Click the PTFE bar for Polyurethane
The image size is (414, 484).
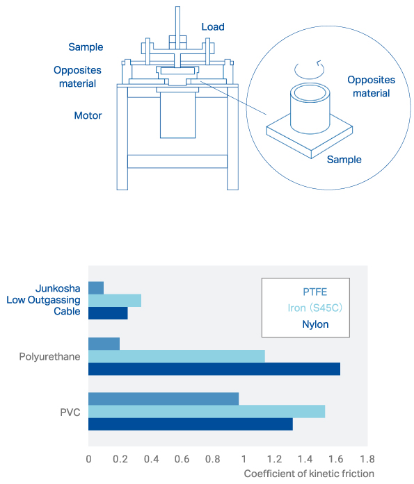104,344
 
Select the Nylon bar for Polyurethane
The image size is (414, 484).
214,369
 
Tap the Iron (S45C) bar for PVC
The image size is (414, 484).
207,412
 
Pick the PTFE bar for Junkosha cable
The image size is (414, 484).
96,288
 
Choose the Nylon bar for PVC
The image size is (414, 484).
191,424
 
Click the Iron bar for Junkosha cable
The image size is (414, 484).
115,301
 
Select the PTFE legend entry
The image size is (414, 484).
315,292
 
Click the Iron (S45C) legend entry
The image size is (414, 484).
315,308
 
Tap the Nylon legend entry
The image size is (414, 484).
315,324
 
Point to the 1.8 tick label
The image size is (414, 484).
367,459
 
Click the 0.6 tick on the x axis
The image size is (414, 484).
182,459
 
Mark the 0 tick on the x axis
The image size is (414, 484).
89,459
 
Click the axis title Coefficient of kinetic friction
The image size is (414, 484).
309,474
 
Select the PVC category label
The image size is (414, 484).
70,412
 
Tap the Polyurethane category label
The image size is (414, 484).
50,356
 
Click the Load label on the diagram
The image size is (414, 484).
213,27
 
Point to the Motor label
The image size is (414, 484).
88,115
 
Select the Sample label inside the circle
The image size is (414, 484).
344,160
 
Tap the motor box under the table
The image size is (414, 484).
178,115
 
